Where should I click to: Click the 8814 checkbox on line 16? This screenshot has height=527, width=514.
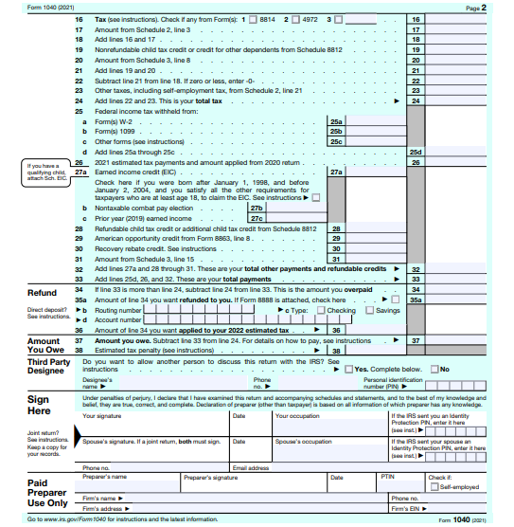click(249, 20)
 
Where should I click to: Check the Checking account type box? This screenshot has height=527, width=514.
click(322, 310)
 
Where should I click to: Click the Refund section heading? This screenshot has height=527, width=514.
click(43, 293)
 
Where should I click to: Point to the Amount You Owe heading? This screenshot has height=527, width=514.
click(44, 345)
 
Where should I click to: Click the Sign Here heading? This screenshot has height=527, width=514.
click(39, 406)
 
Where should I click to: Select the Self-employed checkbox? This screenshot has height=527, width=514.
click(434, 486)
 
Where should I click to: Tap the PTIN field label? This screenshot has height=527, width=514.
click(386, 477)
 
